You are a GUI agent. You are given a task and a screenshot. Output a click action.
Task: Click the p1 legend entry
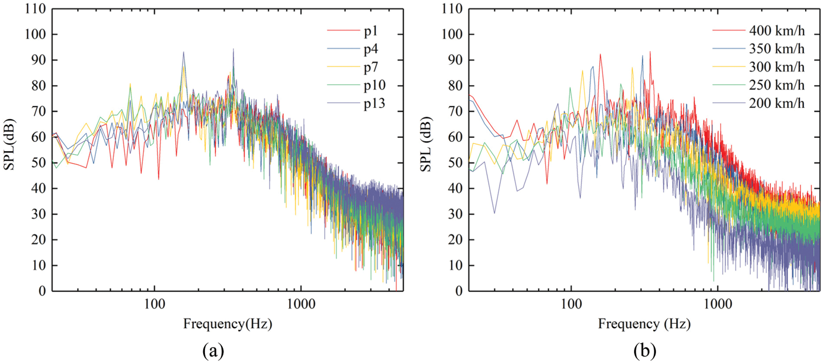[371, 31]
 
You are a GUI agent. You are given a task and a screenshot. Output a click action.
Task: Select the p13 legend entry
[374, 103]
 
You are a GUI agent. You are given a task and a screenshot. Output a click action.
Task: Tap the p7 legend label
[371, 67]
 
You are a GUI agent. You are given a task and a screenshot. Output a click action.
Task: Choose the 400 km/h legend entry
[776, 31]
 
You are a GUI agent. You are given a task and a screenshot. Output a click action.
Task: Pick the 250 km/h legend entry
[776, 85]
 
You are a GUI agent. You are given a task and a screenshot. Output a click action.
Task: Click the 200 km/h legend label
[776, 103]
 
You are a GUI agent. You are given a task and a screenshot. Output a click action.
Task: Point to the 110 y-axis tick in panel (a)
[36, 9]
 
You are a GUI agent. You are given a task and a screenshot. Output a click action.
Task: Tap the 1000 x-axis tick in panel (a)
[301, 304]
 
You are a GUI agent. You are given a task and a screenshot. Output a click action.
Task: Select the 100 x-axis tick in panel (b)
[571, 304]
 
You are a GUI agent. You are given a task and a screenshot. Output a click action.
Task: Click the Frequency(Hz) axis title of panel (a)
[228, 324]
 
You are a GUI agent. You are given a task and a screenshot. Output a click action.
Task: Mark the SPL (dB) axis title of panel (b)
[426, 145]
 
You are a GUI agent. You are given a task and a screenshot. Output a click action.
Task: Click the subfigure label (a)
[213, 351]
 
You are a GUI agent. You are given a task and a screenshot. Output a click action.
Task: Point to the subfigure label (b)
[645, 351]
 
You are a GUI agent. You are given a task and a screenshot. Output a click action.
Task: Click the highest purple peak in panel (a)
[233, 49]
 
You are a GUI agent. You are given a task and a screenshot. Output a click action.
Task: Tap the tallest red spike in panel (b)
[650, 52]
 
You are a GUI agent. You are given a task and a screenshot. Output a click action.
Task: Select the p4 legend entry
[371, 49]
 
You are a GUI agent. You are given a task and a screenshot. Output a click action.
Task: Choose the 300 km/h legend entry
[776, 67]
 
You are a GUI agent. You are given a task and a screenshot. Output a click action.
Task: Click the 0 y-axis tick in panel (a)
[42, 291]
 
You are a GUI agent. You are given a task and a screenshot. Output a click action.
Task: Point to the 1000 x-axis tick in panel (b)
[718, 304]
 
